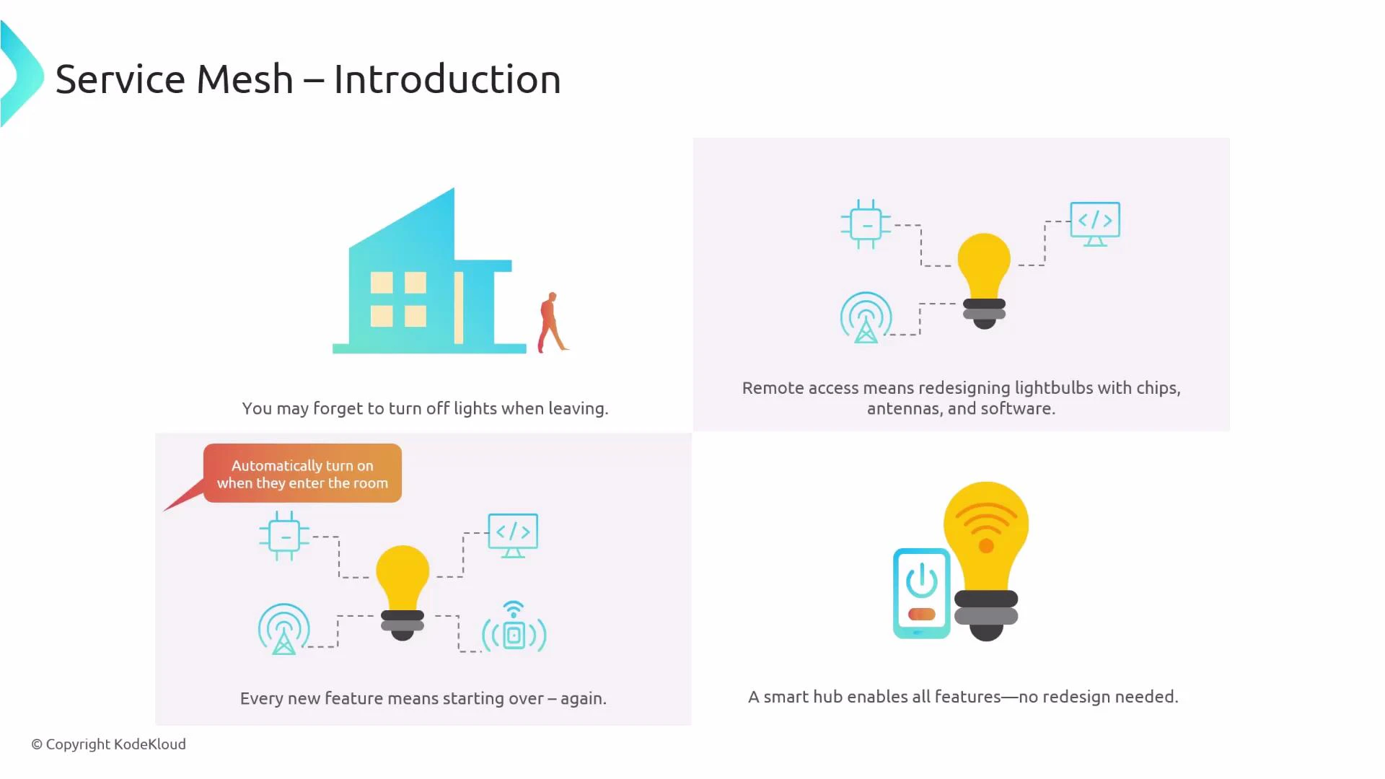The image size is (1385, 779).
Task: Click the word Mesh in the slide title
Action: click(x=245, y=79)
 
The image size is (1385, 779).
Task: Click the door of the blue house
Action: click(x=459, y=308)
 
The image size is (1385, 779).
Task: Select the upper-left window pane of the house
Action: click(x=382, y=283)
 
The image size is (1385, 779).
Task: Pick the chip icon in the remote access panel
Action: click(x=866, y=224)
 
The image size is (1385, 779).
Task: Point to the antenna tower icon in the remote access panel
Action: click(x=866, y=318)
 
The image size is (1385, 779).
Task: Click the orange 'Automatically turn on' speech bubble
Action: click(x=302, y=474)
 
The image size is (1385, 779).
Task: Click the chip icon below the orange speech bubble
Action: click(x=284, y=536)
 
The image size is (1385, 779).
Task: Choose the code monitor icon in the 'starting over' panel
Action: click(x=513, y=534)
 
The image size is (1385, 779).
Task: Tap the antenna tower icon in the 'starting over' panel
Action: click(x=284, y=629)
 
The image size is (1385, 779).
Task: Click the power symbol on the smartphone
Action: click(x=921, y=581)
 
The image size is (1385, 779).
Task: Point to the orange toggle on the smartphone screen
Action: click(x=921, y=615)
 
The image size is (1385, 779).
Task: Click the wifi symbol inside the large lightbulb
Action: click(x=986, y=527)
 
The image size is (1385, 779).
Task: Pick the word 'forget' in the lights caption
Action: click(x=338, y=409)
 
